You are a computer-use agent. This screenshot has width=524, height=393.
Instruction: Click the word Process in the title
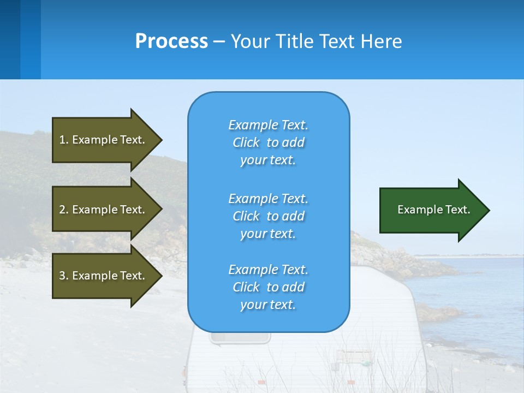(x=171, y=41)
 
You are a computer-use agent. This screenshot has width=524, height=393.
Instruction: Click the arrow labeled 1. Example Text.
(x=106, y=140)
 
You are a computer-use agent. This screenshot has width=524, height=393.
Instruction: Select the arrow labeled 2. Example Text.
(x=106, y=210)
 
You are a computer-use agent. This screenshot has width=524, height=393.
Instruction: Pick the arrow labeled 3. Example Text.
(x=106, y=276)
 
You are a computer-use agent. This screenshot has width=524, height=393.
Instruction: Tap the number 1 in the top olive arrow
(x=62, y=140)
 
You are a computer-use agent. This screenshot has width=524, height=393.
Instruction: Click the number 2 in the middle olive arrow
(x=62, y=210)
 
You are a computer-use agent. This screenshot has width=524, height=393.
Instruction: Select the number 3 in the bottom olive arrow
(x=62, y=276)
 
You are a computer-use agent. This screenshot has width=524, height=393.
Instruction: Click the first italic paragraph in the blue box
(x=268, y=142)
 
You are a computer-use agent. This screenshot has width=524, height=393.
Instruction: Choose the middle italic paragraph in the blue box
(x=268, y=216)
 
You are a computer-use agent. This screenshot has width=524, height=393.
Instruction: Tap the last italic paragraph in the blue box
(x=268, y=287)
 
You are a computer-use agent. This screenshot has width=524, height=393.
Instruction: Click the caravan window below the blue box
(x=240, y=338)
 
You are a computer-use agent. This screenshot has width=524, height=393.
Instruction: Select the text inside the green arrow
(x=433, y=210)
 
